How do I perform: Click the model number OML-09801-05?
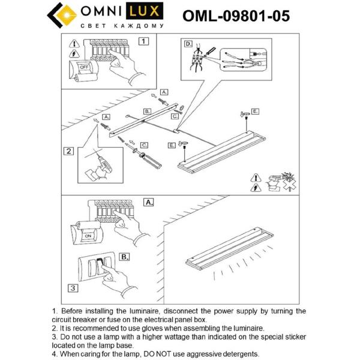click(236, 16)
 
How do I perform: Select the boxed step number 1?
click(143, 41)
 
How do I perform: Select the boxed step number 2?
click(70, 151)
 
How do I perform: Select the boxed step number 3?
click(72, 289)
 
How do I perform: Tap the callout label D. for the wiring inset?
click(188, 44)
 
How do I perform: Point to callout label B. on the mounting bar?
click(146, 112)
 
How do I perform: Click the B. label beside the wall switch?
click(124, 256)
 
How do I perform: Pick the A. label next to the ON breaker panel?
click(149, 202)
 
